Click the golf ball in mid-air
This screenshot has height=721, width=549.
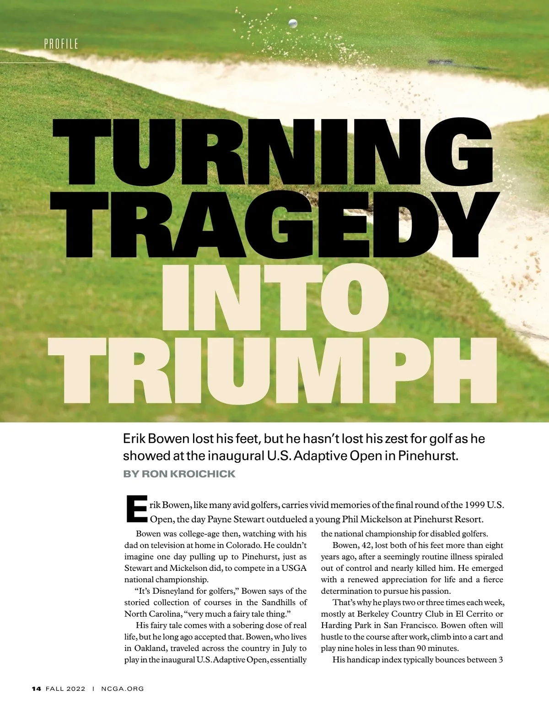pyautogui.click(x=293, y=23)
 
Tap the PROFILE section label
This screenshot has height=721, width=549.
pyautogui.click(x=61, y=44)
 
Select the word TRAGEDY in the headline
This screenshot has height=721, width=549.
pyautogui.click(x=274, y=224)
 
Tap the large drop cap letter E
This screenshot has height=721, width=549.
pyautogui.click(x=136, y=509)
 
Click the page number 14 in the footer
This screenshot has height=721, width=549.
pyautogui.click(x=37, y=688)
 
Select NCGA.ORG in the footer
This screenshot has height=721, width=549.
pyautogui.click(x=122, y=688)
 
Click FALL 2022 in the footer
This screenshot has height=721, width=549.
pyautogui.click(x=65, y=688)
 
